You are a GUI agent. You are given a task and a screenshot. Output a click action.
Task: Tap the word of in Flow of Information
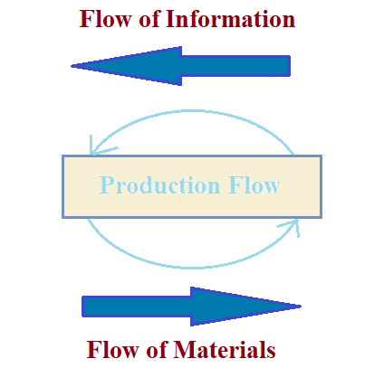tap(149, 19)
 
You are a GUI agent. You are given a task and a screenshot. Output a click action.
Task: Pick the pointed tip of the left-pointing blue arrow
tap(74, 65)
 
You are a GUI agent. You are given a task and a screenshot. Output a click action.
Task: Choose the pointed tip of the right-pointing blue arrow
tap(298, 307)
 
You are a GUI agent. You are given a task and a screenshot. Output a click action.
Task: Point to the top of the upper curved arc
tap(192, 111)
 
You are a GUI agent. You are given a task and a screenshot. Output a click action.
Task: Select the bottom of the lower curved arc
tap(192, 267)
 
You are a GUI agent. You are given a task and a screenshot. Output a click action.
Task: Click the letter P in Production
tap(107, 186)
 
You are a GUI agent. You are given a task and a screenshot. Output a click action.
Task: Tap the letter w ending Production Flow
tap(272, 187)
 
